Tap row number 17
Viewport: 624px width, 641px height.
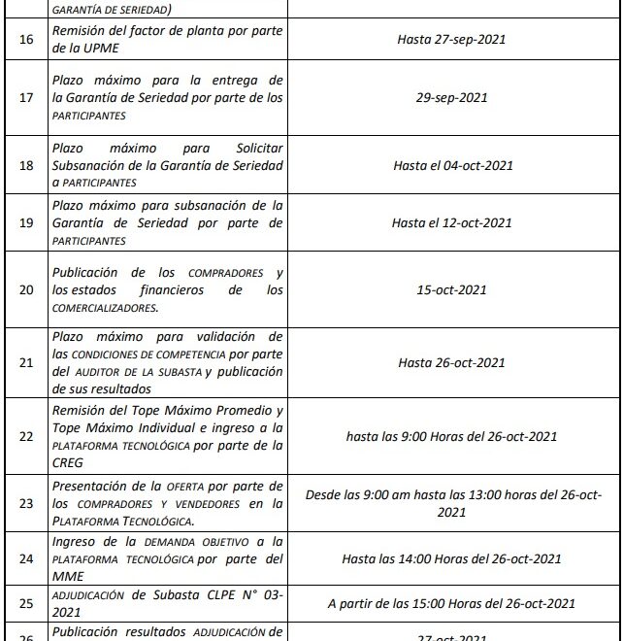coord(26,97)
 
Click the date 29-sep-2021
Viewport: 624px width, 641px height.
coord(451,97)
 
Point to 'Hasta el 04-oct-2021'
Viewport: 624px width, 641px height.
coord(451,166)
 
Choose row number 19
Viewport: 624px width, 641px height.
coord(26,222)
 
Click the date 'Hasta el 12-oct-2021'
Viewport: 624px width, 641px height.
coord(451,222)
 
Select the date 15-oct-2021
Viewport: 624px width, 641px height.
coord(451,289)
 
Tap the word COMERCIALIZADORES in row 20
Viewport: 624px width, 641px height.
coord(106,308)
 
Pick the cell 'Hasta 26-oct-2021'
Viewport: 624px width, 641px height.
coord(451,362)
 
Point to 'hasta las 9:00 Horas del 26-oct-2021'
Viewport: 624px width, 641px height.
coord(451,436)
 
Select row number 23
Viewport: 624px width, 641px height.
coord(26,503)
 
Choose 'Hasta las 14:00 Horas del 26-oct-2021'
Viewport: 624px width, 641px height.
coord(451,558)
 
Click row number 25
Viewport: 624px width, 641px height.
coord(26,603)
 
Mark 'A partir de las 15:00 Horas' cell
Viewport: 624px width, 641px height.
coord(451,603)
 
